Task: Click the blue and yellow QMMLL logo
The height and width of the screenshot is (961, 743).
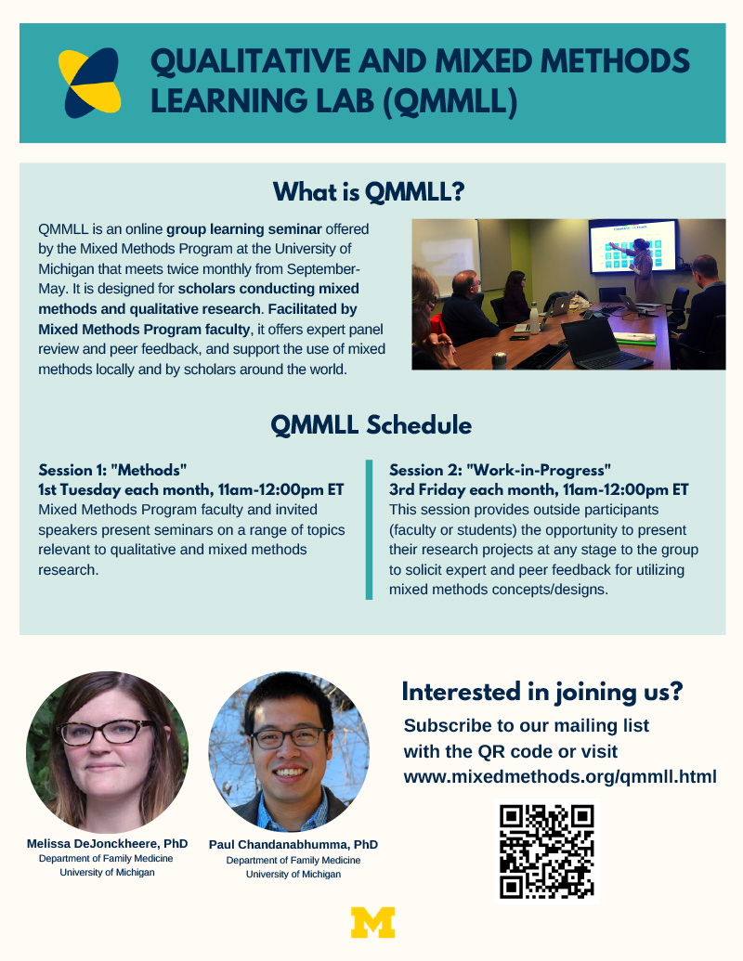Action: coord(89,83)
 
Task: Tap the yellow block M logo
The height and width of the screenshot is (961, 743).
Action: coord(372,922)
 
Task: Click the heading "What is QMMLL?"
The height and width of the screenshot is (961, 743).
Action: coord(369,192)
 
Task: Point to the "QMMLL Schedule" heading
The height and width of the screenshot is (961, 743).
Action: coord(371,424)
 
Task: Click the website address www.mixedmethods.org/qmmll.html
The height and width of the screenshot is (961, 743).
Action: coord(560,776)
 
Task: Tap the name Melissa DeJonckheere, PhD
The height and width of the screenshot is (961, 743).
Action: coord(108,843)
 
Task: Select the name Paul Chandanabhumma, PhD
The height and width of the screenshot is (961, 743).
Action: coord(293,845)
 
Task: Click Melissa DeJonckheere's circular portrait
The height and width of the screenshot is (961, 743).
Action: coord(108,752)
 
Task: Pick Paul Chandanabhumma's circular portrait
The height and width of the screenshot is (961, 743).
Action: coord(290,752)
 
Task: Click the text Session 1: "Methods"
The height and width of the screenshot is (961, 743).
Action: coord(112,470)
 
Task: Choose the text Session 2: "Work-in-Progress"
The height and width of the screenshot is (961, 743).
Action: coord(500,470)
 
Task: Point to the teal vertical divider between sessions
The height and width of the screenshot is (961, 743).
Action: coord(369,529)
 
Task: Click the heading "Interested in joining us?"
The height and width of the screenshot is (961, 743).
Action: coord(541,692)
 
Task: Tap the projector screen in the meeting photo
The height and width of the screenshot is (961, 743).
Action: coord(632,246)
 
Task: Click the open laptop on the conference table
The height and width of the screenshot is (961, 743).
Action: coord(604,344)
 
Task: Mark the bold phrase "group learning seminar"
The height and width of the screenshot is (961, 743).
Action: coord(244,229)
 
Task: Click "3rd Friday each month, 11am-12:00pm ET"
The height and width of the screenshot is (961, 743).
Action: coord(539,489)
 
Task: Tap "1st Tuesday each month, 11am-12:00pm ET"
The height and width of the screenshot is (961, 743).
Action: coord(190,489)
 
